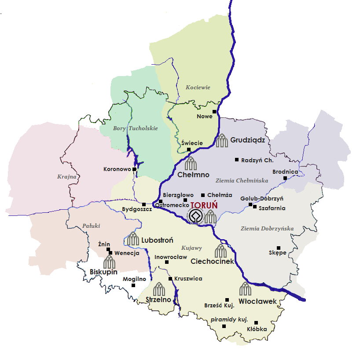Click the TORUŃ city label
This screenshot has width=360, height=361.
(206, 205)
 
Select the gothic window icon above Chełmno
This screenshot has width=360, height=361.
(191, 164)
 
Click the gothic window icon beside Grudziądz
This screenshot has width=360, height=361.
(222, 141)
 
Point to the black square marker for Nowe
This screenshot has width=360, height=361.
(215, 111)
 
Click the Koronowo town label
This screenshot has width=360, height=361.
(117, 169)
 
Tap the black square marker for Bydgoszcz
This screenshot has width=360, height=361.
(144, 204)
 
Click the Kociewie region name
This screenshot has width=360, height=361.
(198, 88)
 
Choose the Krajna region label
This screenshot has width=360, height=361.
(67, 177)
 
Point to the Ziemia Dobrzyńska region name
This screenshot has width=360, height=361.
(267, 229)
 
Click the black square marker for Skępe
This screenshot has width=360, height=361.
(278, 248)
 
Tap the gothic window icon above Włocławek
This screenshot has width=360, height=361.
(245, 289)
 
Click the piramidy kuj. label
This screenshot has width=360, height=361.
(229, 319)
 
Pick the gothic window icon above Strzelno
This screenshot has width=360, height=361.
(158, 289)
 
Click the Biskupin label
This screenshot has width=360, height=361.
(103, 271)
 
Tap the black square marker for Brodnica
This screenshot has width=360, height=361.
(285, 178)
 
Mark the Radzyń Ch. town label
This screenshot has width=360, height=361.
(257, 160)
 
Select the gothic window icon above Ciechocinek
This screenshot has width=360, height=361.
(220, 251)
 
